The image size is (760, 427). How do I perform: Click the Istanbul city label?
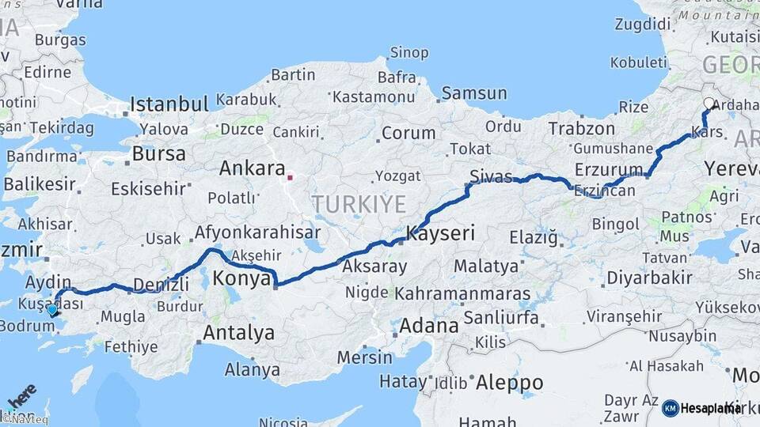point(169,104)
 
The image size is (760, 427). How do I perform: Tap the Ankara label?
point(252,168)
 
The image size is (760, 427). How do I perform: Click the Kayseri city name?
point(440,233)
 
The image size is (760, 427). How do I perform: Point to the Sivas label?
point(490,176)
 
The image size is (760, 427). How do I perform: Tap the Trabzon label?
point(581,128)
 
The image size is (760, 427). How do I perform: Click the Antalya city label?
point(238,333)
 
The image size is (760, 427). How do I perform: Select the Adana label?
point(428,325)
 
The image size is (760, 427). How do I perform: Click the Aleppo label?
point(509,383)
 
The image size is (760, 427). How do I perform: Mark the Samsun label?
point(474,93)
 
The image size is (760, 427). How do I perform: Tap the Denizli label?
point(161,285)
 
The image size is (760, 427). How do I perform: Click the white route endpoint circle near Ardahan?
point(709,103)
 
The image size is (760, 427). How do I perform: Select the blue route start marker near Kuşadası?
point(52,310)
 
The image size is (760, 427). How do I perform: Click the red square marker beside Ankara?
point(291,177)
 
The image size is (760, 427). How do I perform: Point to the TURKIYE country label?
point(359,204)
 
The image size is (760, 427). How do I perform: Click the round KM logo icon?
point(670,408)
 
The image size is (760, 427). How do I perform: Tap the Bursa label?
point(158,153)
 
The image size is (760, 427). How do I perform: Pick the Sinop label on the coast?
point(409,53)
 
